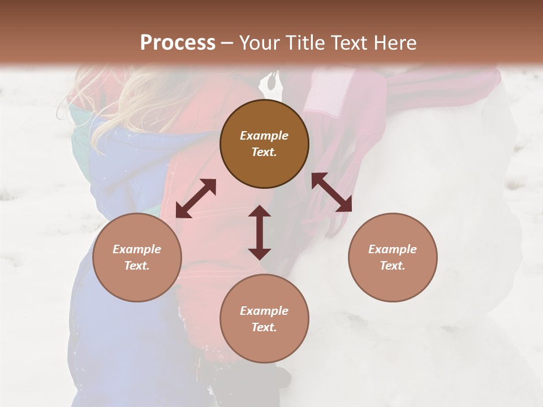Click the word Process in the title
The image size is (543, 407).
(178, 43)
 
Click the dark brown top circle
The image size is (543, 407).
(264, 144)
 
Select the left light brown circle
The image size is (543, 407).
(137, 257)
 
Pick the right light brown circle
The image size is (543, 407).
(393, 257)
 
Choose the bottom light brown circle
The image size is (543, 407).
(264, 318)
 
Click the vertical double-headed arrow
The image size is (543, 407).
(260, 232)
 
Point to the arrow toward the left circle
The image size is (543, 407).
(196, 198)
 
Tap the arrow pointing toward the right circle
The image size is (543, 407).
(332, 192)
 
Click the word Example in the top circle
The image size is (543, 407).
(264, 136)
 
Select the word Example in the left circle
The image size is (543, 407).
(137, 249)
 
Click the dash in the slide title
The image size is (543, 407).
(227, 43)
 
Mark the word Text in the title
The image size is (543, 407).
(348, 43)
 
